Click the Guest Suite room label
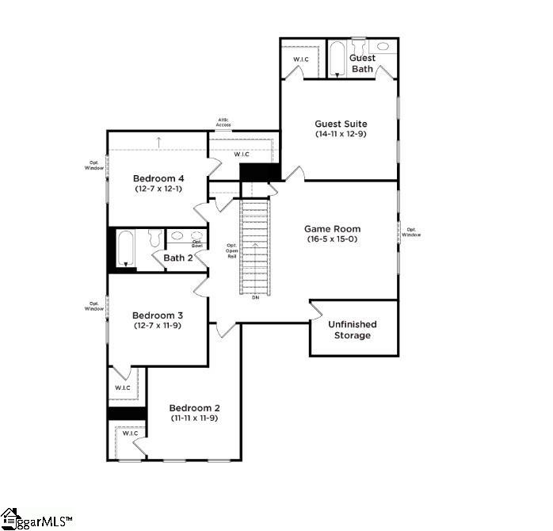point(341,124)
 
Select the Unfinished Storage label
point(352,330)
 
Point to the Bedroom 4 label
point(158,178)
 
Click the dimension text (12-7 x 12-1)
point(158,189)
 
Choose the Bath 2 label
point(178,258)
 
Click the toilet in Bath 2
point(154,237)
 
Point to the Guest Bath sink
point(383,47)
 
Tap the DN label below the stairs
point(255,297)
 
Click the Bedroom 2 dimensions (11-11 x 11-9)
point(193,418)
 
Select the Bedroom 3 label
point(158,315)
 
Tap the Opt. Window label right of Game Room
point(410,232)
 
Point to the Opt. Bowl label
point(197,244)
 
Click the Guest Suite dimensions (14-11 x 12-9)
point(341,135)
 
